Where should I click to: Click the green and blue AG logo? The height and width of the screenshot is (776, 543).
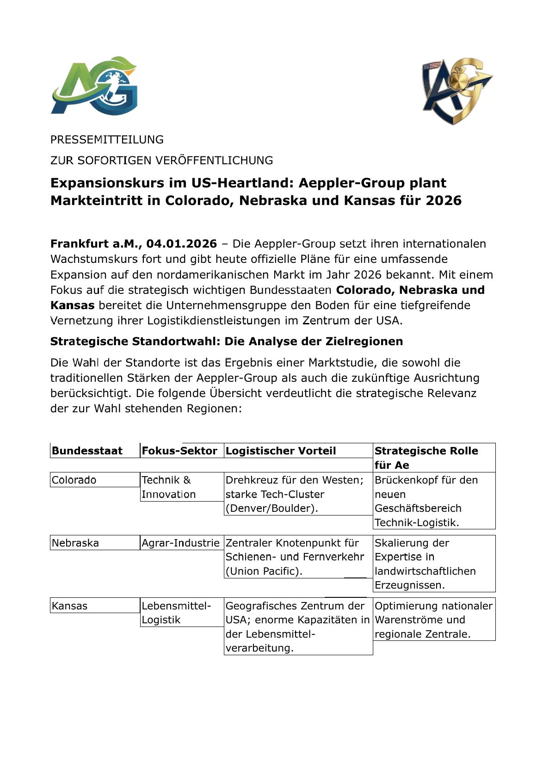(94, 86)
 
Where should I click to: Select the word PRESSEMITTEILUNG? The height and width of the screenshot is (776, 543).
(107, 140)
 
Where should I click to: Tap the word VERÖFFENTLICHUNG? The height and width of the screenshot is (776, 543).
(214, 161)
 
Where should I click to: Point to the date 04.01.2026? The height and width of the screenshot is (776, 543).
(181, 244)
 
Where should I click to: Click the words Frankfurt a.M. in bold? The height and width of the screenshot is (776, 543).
(96, 244)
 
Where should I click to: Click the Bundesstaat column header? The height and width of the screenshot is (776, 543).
(87, 451)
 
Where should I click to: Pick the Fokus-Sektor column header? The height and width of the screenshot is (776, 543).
(179, 451)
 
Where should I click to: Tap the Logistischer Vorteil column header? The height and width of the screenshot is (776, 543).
(281, 451)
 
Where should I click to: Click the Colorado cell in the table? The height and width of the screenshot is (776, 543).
(74, 480)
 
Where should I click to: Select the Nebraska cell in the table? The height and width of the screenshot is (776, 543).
(75, 543)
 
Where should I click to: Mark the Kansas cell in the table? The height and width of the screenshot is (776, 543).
(70, 606)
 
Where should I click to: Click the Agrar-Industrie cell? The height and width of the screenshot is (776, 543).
(180, 543)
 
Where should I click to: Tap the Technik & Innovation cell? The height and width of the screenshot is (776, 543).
(168, 487)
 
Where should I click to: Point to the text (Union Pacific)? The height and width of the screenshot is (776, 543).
(264, 571)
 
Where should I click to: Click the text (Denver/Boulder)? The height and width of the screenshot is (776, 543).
(272, 508)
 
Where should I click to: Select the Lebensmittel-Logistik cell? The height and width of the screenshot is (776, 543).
(176, 613)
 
